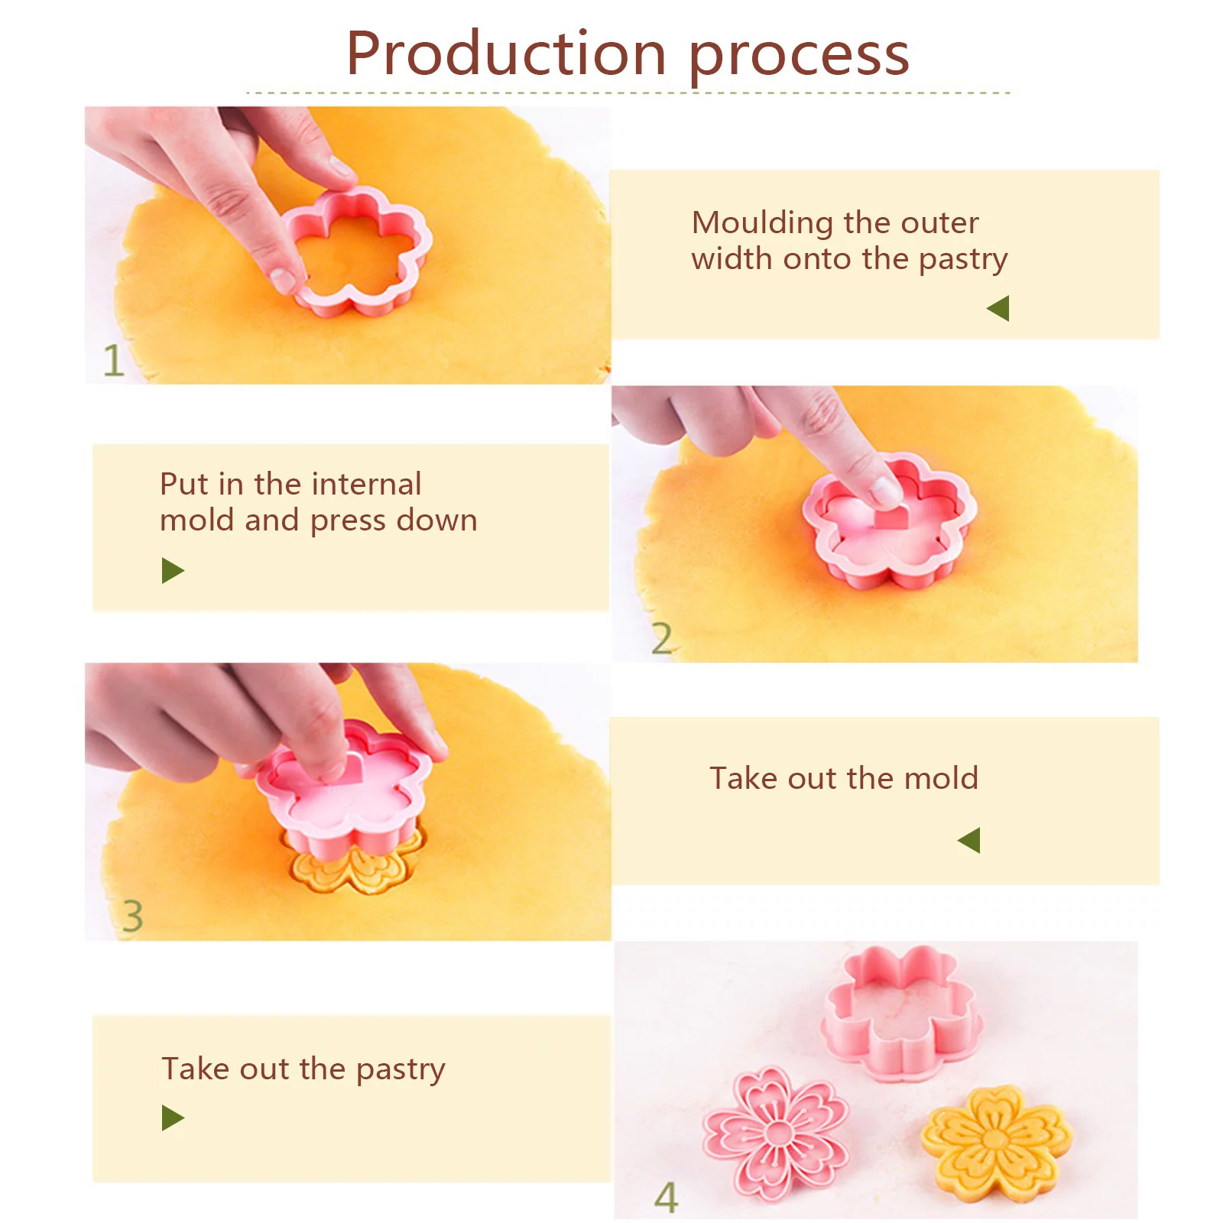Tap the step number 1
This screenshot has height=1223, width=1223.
[113, 360]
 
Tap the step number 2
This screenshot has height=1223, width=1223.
[661, 638]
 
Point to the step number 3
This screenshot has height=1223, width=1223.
[132, 916]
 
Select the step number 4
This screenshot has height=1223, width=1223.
[667, 1197]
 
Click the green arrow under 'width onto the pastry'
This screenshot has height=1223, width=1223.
[998, 309]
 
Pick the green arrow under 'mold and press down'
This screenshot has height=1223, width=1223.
[173, 570]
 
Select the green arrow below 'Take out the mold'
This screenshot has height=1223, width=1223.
[969, 840]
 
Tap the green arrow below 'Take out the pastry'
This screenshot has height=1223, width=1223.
[173, 1118]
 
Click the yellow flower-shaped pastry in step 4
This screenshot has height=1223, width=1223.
[995, 1143]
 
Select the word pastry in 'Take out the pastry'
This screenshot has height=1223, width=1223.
[401, 1069]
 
